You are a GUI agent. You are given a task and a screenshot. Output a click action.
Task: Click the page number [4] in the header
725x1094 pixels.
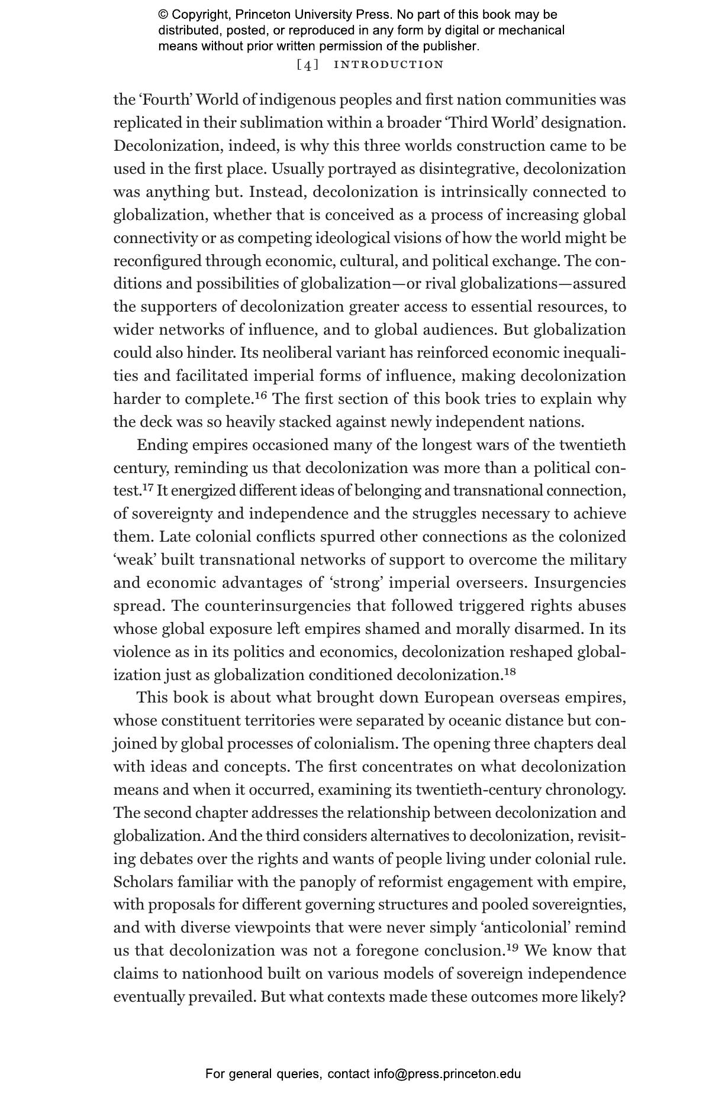307,64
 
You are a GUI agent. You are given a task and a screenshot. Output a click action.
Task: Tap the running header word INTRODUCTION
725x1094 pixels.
389,64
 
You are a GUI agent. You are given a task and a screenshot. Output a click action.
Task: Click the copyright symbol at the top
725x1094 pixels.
163,15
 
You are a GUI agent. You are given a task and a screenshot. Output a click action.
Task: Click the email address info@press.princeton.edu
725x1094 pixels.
447,1074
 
